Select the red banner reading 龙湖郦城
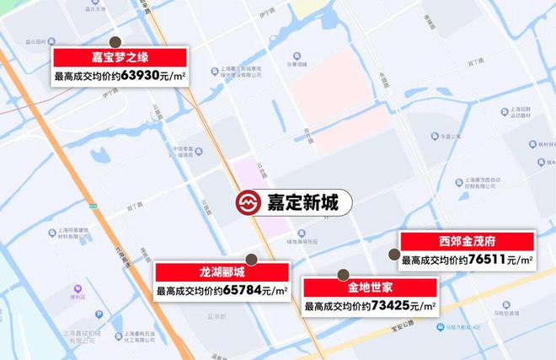coord(222,272)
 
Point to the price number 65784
coord(243,291)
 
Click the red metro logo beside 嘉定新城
coord(247,203)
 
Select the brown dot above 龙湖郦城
coord(250,258)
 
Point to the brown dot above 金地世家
coord(343,274)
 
